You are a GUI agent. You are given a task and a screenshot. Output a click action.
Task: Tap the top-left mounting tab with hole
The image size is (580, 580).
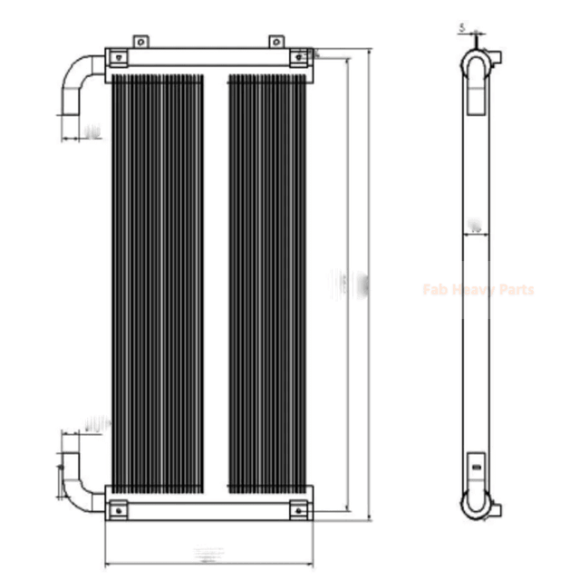(140, 42)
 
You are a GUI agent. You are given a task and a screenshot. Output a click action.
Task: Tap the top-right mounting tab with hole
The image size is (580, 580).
(275, 42)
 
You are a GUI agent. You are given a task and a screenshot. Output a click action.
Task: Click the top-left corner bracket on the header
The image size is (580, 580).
(118, 58)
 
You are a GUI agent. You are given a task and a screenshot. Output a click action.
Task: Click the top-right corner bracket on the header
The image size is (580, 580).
(297, 58)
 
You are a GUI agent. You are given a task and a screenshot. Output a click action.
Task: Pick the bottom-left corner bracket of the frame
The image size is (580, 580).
(118, 512)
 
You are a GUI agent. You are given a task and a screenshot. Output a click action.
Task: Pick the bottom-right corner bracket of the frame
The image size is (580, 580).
(297, 512)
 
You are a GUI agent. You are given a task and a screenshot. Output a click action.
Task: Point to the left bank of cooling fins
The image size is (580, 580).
(157, 281)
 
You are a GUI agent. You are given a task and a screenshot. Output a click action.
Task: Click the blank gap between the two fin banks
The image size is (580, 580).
(216, 281)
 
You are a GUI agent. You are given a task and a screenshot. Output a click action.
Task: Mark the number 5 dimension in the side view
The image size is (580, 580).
(462, 29)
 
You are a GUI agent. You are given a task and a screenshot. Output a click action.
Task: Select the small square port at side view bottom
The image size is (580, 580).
(477, 471)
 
